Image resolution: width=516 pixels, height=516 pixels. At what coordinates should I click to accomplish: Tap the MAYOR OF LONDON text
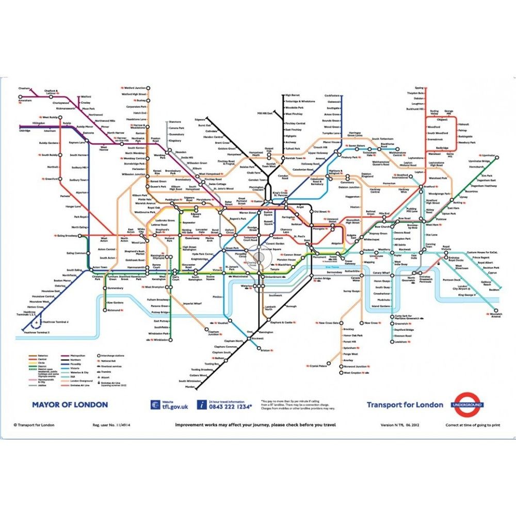70,405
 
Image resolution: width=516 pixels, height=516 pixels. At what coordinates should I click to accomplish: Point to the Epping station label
418,88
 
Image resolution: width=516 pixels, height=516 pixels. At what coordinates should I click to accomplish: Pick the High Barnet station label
292,95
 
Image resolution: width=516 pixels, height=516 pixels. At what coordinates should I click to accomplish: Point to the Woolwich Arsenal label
495,315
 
